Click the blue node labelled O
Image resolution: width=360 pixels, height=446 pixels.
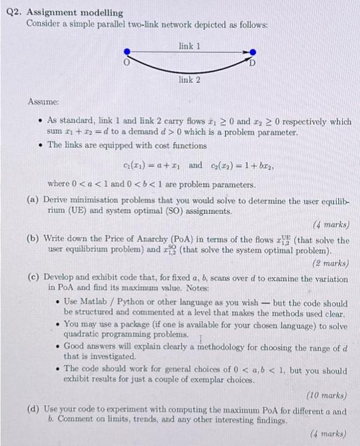(127, 52)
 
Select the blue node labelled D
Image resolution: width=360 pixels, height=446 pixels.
(253, 52)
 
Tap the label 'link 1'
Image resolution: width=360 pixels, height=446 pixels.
(190, 46)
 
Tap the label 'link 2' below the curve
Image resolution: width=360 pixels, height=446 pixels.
(190, 80)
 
